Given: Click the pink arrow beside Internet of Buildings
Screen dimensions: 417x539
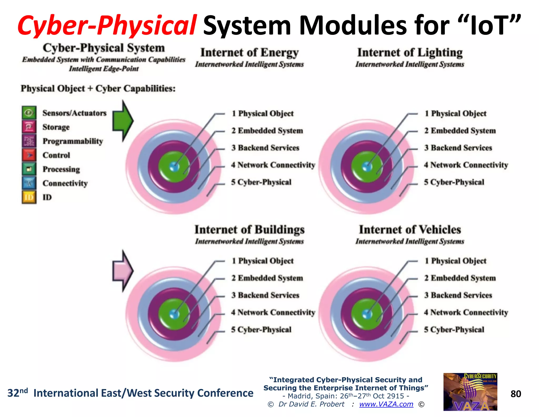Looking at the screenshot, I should (x=122, y=271).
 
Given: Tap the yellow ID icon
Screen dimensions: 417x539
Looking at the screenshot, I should (x=29, y=197).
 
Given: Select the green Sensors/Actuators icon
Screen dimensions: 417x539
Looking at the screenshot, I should (x=29, y=113).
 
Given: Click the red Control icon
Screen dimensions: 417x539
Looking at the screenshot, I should (x=29, y=155).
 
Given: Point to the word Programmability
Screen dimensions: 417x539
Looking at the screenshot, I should (x=73, y=141).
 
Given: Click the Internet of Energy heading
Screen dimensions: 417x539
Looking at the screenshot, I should (x=249, y=52).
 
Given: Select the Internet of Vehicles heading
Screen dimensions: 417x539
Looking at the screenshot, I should (x=410, y=230).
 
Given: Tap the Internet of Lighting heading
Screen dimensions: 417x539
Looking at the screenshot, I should (x=410, y=52).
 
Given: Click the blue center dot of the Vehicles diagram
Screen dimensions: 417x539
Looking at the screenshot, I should (x=367, y=314).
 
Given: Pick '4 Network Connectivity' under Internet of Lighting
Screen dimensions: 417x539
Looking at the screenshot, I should (x=466, y=165).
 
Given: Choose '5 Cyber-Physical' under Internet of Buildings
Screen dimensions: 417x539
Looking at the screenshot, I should (x=261, y=329).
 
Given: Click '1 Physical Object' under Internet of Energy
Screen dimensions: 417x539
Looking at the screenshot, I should (x=262, y=114).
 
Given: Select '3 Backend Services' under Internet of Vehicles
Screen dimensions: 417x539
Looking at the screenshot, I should (x=458, y=295).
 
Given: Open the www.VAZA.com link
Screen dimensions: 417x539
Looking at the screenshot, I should (x=386, y=404).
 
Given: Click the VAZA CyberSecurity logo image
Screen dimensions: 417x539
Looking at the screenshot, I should (x=470, y=392).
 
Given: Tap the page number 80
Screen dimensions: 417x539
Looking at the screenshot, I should (x=516, y=394).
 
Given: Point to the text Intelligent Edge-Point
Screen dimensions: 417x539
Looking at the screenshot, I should (x=104, y=69).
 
